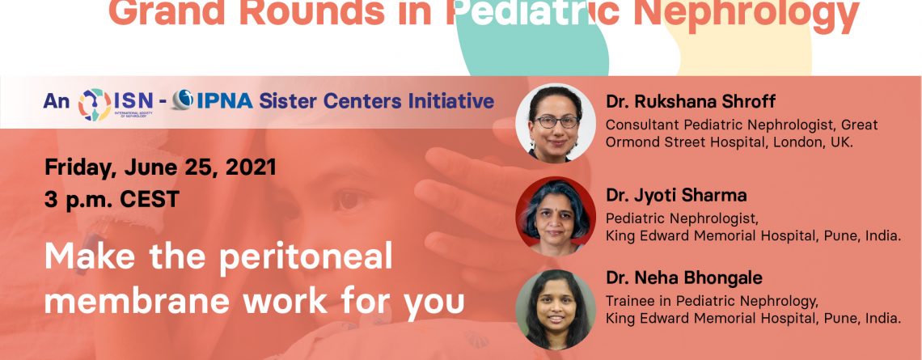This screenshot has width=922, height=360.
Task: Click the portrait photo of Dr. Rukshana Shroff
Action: coord(556,122)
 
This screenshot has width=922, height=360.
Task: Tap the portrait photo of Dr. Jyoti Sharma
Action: coord(556,217)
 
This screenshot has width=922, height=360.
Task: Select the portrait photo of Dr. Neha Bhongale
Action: coord(556,310)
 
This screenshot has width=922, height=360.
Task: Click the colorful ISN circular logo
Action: coord(95,104)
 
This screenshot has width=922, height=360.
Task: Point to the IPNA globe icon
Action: coord(182,100)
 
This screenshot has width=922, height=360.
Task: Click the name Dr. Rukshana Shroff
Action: coord(691,102)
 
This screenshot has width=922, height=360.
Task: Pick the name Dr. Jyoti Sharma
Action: coord(676,195)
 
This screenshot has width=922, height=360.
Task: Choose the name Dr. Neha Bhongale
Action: coord(684,277)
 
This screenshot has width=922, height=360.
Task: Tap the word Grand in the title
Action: coord(167,13)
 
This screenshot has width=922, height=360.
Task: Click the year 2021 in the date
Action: coord(251,167)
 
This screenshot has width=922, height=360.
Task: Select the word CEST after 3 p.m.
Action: coord(150,200)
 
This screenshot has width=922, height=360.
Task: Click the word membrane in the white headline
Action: coord(137,301)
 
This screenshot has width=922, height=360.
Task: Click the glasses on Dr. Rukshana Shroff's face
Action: coord(556,122)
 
